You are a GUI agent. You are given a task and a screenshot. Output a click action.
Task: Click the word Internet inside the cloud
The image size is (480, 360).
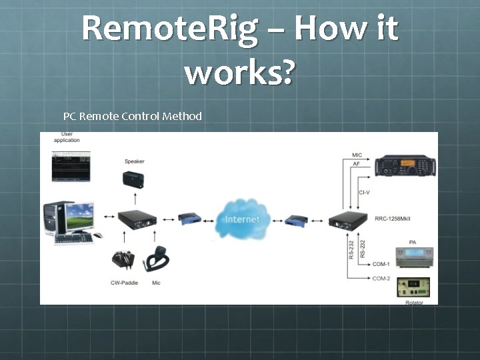(242, 219)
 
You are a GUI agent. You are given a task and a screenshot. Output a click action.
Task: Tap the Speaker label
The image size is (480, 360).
(134, 161)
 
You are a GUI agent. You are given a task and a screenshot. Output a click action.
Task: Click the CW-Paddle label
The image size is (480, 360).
(125, 283)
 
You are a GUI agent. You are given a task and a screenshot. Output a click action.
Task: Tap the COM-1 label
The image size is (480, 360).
(381, 264)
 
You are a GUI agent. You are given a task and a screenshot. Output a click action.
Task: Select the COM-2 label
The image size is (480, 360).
(381, 278)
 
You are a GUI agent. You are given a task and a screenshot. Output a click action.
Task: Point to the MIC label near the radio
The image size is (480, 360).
(357, 155)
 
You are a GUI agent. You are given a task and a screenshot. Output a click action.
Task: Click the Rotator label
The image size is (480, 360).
(414, 303)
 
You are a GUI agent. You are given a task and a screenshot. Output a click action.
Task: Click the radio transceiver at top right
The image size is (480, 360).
(404, 165)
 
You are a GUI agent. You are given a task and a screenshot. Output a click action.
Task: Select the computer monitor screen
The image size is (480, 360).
(80, 216)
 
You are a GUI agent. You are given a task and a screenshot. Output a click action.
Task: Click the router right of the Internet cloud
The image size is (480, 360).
(297, 219)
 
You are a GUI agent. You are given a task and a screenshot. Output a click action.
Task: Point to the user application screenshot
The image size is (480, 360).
(71, 165)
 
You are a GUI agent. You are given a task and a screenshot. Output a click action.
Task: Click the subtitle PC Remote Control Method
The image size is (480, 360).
(132, 116)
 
